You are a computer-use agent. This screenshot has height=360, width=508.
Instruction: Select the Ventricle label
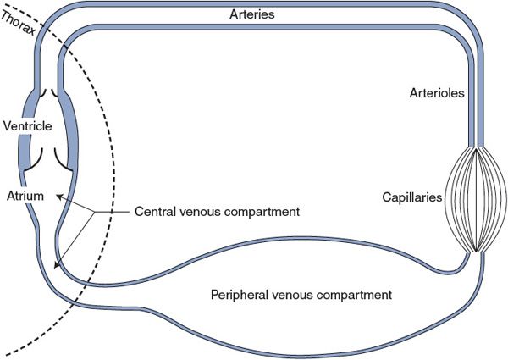tap(29, 126)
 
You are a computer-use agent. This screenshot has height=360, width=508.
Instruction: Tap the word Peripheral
tap(240, 295)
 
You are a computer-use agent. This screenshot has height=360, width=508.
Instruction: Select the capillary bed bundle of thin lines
tap(478, 201)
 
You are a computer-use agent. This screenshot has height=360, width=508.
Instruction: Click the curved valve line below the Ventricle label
tap(38, 157)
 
